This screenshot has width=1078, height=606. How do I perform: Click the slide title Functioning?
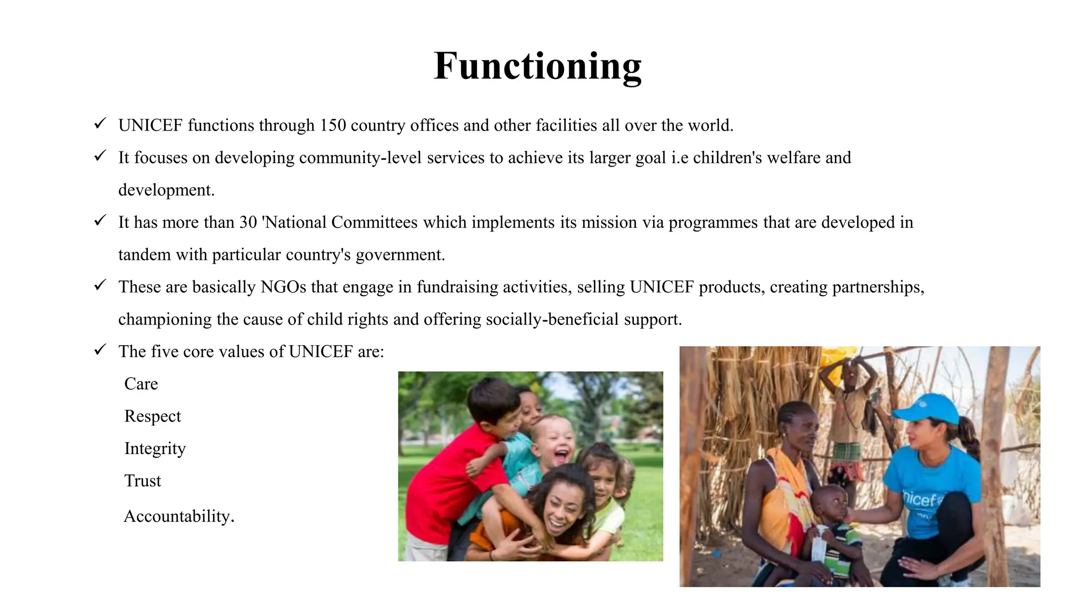pyautogui.click(x=537, y=66)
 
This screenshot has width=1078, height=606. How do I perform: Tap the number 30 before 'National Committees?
pyautogui.click(x=248, y=223)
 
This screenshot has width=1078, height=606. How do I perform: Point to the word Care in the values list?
pyautogui.click(x=141, y=384)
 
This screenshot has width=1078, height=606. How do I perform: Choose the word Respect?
pyautogui.click(x=153, y=416)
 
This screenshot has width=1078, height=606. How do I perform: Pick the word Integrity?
pyautogui.click(x=155, y=449)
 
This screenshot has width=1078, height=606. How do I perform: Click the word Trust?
pyautogui.click(x=143, y=481)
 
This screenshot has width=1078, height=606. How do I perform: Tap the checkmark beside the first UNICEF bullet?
pyautogui.click(x=100, y=124)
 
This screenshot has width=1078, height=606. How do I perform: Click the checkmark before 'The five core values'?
pyautogui.click(x=100, y=350)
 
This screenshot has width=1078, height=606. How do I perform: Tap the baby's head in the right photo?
pyautogui.click(x=829, y=502)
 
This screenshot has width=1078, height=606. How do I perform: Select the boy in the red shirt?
pyautogui.click(x=447, y=473)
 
